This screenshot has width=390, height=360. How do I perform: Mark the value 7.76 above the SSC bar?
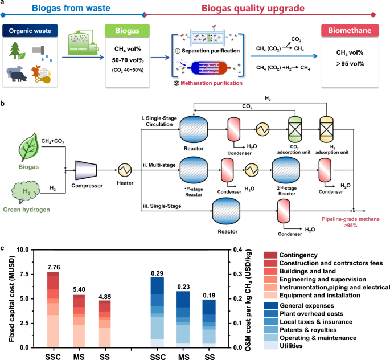53,267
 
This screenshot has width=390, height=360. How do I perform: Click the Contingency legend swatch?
271,255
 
